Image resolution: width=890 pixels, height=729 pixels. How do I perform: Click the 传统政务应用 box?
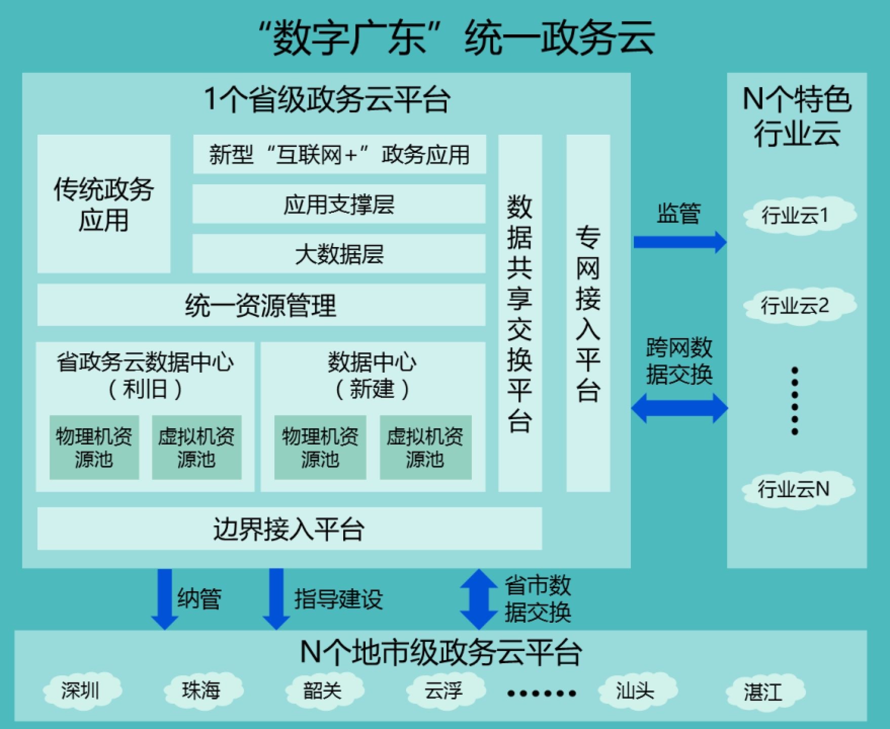click(104, 204)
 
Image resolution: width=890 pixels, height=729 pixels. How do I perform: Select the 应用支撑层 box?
click(339, 204)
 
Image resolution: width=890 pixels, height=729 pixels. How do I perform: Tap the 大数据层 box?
click(339, 254)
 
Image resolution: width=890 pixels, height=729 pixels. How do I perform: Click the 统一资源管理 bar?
click(261, 305)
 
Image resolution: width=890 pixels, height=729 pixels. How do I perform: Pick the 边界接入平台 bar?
click(289, 529)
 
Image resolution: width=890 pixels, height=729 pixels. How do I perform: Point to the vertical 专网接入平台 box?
click(588, 313)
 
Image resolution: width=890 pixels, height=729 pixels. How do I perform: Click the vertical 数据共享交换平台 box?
click(520, 313)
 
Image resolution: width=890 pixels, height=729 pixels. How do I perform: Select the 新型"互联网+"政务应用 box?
click(339, 154)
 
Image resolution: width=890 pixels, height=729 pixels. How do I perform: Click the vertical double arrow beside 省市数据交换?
click(478, 599)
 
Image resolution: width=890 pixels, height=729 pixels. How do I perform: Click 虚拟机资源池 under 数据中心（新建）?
click(425, 448)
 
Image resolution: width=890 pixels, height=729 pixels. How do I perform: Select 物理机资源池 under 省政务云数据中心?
click(94, 448)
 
